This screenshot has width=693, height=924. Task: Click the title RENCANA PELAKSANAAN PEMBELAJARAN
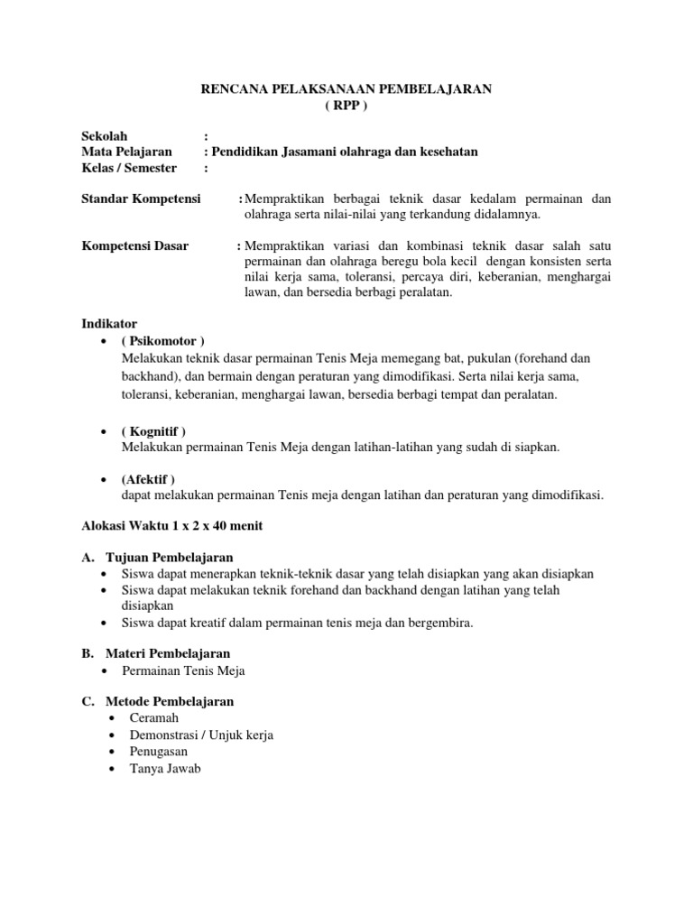pos(346,89)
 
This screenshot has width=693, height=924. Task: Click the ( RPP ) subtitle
pos(346,105)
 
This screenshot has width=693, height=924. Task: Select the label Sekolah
pos(106,136)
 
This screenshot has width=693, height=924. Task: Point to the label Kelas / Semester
pos(129,167)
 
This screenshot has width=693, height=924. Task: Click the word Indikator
pos(109,323)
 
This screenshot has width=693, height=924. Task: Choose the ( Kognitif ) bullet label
pos(153,431)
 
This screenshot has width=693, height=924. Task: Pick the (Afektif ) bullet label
pos(148,478)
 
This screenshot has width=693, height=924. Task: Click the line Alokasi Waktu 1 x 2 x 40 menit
pos(172,526)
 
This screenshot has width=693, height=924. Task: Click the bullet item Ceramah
pos(154,718)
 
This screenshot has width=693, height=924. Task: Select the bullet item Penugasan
pos(159,752)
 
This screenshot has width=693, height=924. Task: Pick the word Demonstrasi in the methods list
pos(163,735)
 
